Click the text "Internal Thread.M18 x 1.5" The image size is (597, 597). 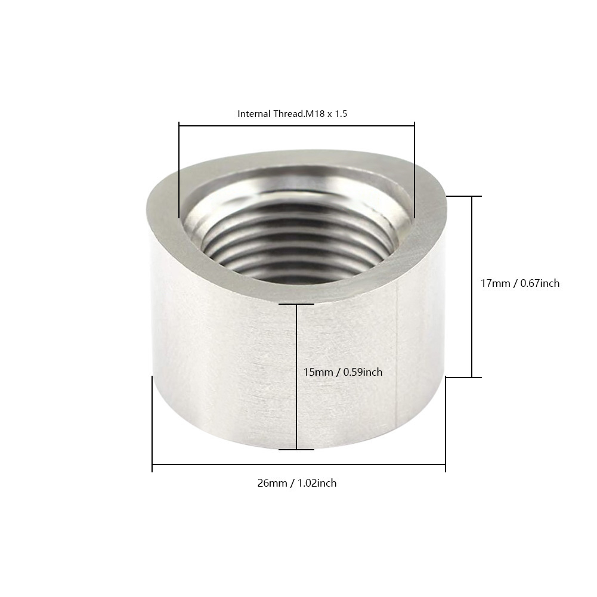coord(292,113)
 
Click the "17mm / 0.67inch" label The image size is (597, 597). coord(520,283)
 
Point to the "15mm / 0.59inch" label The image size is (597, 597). coord(343,372)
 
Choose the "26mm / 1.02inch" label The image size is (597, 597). coord(297,483)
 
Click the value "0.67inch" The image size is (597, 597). coord(540,283)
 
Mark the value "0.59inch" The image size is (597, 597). coord(363,372)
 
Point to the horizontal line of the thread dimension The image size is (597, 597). coord(296,125)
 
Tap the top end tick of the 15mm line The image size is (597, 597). coord(296,304)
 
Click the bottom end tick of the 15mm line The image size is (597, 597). coord(296,449)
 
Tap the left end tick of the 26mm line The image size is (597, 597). coord(153,465)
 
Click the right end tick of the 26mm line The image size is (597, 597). coord(446,465)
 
